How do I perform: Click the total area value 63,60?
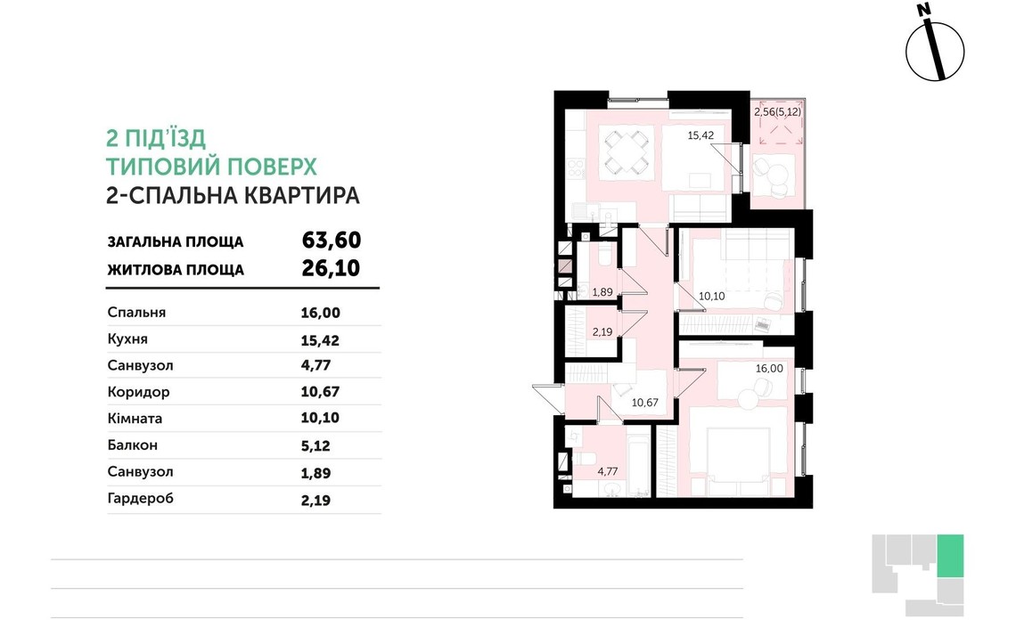coord(331,241)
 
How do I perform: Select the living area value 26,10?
coord(331,268)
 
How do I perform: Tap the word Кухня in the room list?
coord(127,339)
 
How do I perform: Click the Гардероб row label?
coord(140,498)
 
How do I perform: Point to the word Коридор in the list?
coord(138,392)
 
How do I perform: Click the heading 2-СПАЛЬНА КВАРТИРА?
coord(233,196)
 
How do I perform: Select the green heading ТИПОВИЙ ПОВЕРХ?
coord(211,167)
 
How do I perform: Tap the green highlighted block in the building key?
coord(950,554)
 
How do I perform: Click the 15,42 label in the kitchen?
coord(701,135)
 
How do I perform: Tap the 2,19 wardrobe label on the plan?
coord(603,332)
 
